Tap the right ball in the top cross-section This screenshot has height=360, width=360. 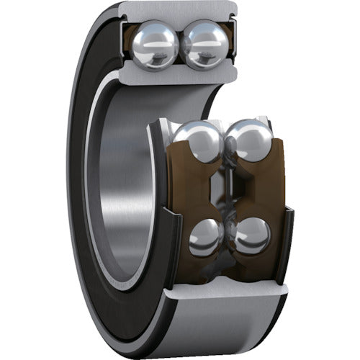click(204, 45)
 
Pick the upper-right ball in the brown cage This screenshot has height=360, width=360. click(248, 142)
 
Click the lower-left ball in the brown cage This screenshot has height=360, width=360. click(207, 236)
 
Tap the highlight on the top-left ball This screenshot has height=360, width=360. click(152, 36)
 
